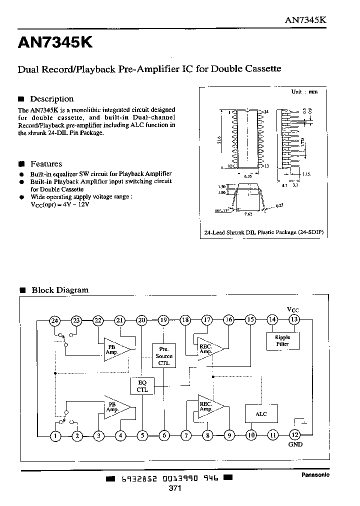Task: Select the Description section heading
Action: (51, 99)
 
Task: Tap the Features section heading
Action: (46, 164)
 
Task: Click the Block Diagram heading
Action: (59, 290)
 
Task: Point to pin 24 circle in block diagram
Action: (54, 321)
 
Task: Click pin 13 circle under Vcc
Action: (294, 320)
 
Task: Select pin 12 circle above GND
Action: (294, 435)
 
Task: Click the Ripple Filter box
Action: (282, 340)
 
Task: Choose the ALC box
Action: (261, 414)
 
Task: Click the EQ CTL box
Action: (142, 386)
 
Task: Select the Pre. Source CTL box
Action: (163, 356)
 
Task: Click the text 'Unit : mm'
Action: (304, 92)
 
